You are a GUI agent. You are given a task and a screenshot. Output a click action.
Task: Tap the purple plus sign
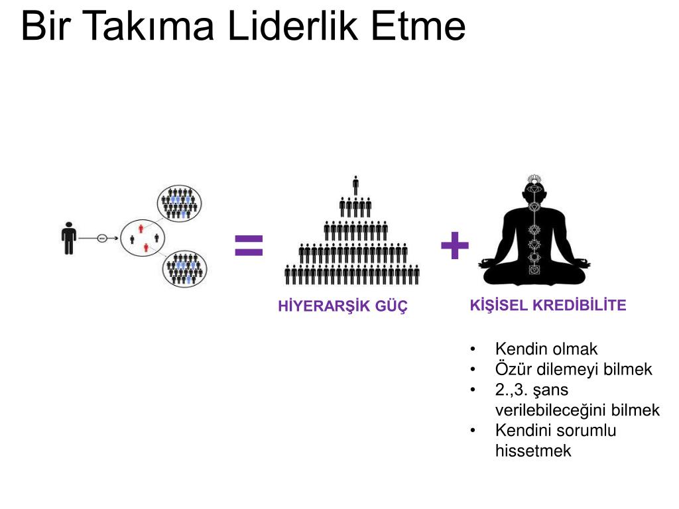(x=455, y=247)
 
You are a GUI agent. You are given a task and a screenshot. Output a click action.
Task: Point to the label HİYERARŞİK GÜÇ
(x=343, y=306)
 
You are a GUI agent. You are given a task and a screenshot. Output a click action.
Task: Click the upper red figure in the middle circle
(x=141, y=229)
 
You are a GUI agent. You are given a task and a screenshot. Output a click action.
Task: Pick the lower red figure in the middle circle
(x=146, y=248)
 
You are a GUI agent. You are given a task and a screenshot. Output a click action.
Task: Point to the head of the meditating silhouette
(x=534, y=190)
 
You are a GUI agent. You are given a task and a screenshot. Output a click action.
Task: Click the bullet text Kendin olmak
(x=546, y=349)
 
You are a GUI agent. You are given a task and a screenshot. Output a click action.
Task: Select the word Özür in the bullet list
(x=511, y=369)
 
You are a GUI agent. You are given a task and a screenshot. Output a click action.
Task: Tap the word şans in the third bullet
(x=550, y=390)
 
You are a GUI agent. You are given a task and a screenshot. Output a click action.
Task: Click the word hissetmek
(x=533, y=451)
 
